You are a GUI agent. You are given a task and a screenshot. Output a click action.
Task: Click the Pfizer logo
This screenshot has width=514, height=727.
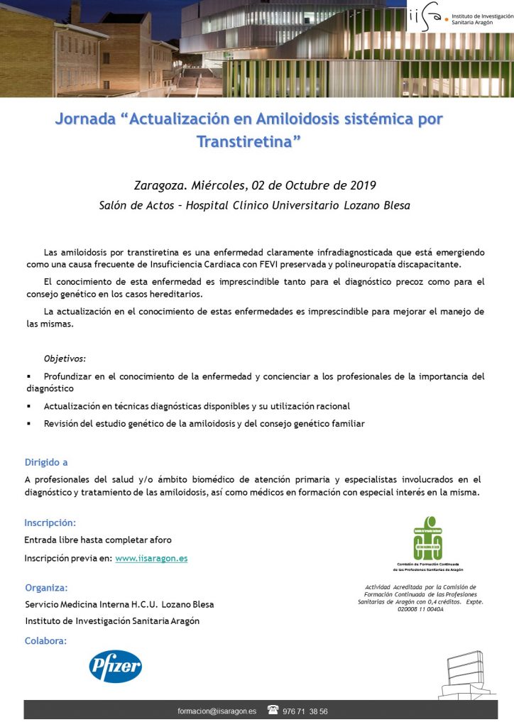coord(115,666)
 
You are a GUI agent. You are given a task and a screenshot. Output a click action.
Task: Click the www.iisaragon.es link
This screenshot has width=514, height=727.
coord(151,558)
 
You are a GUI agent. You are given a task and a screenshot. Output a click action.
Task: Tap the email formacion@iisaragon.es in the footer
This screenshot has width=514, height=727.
coord(217,711)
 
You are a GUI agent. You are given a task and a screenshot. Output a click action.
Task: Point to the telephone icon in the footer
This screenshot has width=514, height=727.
coord(273,711)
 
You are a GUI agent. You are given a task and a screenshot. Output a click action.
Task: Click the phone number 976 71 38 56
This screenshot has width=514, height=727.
coord(305,711)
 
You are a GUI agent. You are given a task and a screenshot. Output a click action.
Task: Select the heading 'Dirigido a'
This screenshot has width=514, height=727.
coord(46,462)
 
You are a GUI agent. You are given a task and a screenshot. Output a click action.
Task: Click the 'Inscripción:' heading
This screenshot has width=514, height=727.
coord(50,523)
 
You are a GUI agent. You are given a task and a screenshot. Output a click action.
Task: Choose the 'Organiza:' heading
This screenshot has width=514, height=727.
coord(46,587)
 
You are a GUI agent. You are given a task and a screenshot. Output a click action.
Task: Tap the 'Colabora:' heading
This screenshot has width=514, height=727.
coord(45,640)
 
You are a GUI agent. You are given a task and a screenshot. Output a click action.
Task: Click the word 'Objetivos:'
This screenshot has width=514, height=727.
coord(65,359)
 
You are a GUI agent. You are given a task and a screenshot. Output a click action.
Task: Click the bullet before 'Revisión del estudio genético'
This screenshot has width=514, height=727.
coord(28,423)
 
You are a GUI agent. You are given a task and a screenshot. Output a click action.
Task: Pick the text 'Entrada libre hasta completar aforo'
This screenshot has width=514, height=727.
coord(98,540)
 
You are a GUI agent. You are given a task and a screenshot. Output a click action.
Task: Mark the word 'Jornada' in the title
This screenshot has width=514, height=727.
coord(84,119)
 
